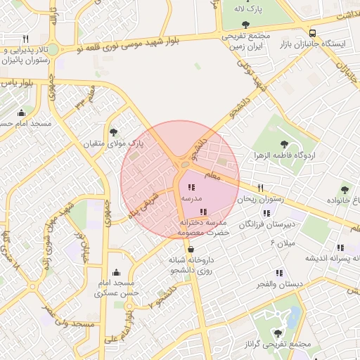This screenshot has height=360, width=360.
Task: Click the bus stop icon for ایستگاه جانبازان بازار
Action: click(311, 32)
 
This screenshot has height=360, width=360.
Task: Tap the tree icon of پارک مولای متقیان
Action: click(114, 131)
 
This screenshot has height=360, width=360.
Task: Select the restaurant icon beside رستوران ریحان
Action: click(261, 188)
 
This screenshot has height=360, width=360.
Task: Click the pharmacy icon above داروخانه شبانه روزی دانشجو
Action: click(191, 248)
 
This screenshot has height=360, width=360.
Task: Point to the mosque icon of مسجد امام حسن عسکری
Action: click(116, 272)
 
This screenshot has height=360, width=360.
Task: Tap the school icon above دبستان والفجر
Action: click(280, 272)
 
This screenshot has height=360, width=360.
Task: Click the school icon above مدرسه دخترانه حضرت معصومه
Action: click(204, 212)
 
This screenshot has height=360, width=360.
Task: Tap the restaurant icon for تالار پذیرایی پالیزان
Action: click(26, 39)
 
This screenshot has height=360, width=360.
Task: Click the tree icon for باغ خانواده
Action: click(345, 189)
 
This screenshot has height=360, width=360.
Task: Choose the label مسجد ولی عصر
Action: click(68, 316)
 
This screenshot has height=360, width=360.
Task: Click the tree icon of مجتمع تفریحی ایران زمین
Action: click(245, 25)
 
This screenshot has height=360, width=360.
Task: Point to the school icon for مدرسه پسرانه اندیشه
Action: click(340, 247)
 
